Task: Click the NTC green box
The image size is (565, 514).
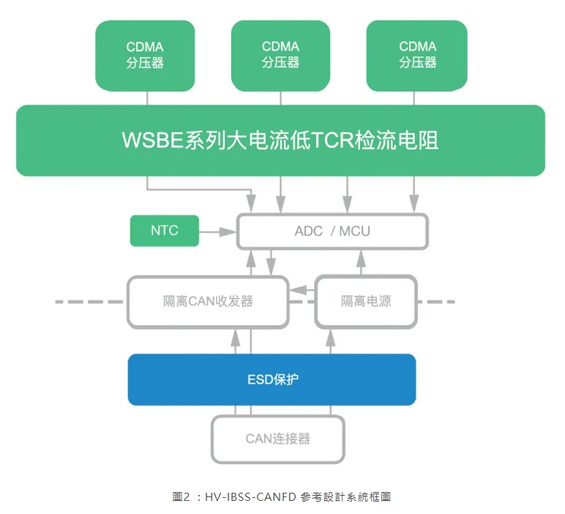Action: pos(165,231)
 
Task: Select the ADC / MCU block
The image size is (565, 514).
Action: pos(332,231)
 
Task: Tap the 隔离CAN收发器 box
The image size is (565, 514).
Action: pos(209,301)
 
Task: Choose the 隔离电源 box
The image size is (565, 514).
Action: pos(366,301)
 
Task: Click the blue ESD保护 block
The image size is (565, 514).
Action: pos(272,379)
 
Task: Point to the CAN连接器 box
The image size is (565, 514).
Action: pos(277,439)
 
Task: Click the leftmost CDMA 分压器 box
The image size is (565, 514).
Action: pos(145,55)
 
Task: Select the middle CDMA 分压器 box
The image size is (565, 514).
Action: pos(280,55)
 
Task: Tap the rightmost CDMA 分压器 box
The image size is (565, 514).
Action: pos(417,55)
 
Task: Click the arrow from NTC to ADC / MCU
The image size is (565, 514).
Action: pos(217,232)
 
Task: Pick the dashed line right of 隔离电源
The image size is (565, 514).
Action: pos(437,301)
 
